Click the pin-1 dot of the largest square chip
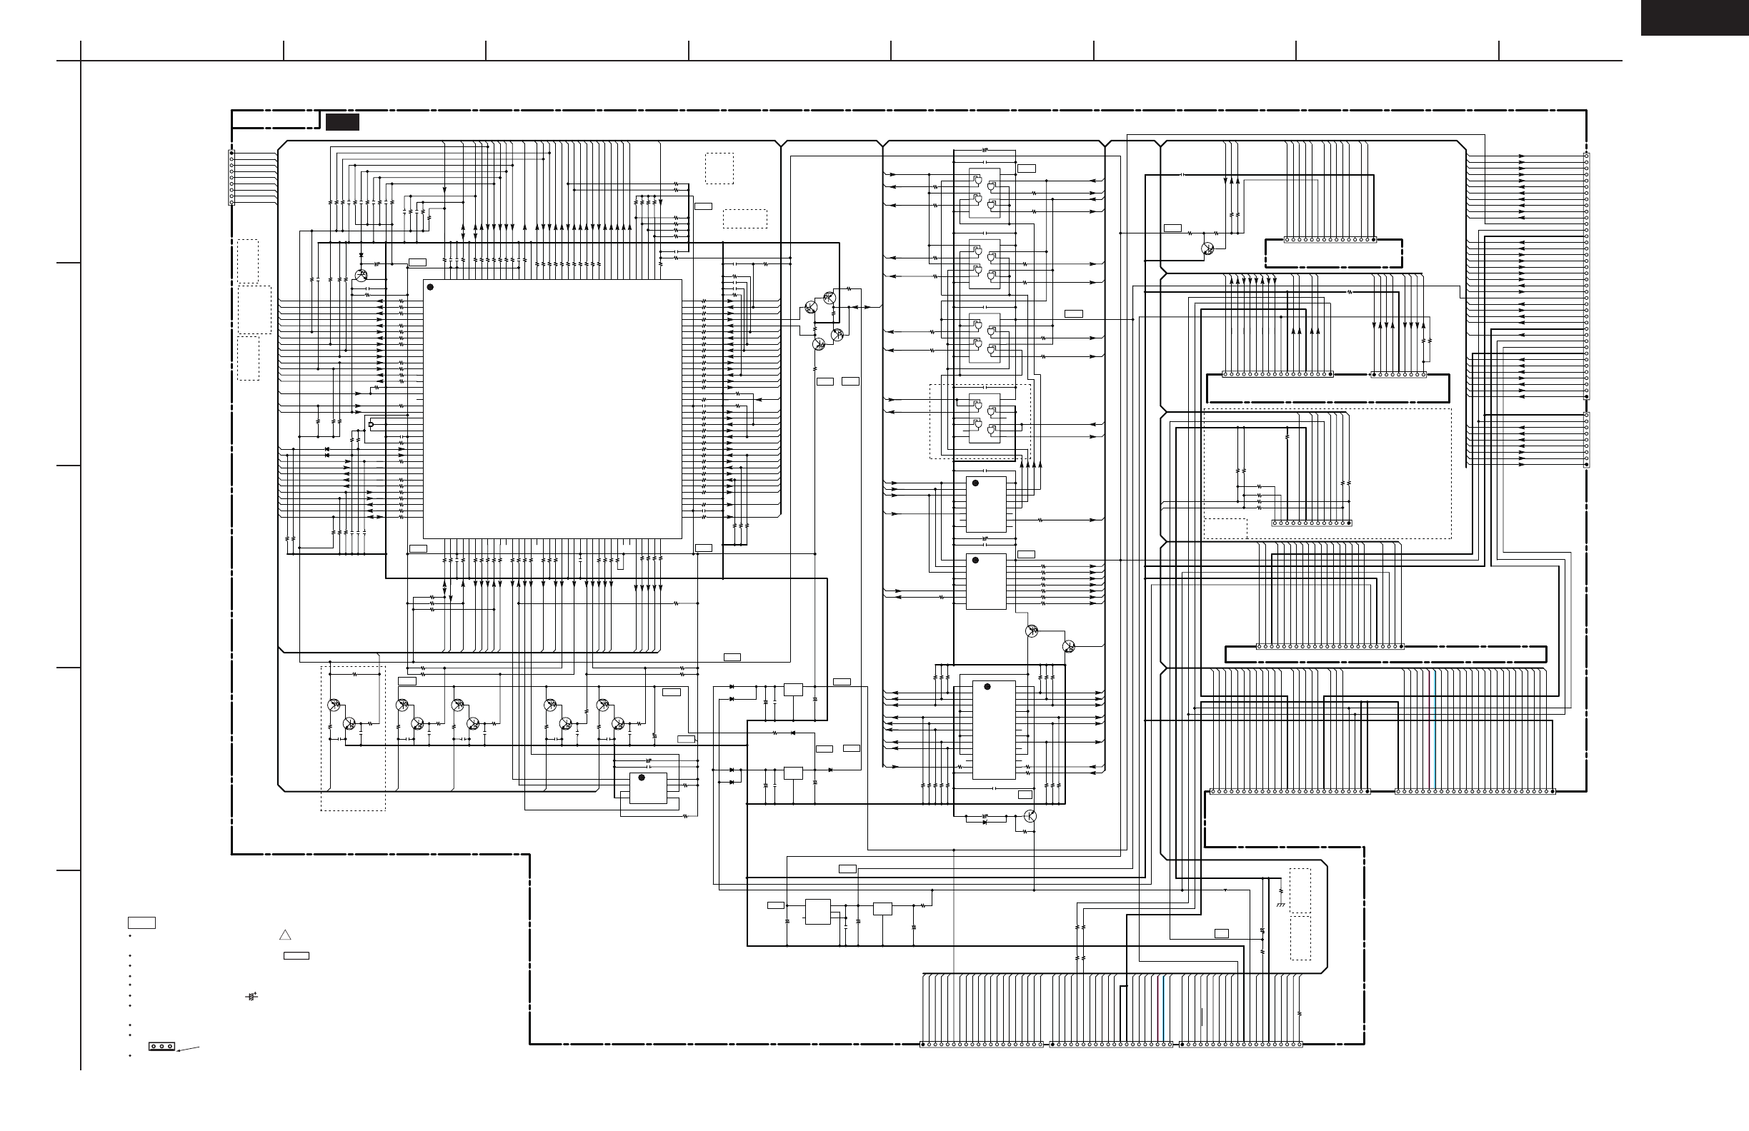point(431,287)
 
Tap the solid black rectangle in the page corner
point(1694,17)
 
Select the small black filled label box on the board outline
point(342,123)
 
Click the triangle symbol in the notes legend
point(285,935)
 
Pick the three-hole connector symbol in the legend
point(161,1046)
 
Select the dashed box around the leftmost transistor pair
point(353,738)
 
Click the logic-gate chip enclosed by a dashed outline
point(984,419)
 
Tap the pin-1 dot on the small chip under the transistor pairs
point(642,777)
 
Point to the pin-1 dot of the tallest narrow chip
point(987,687)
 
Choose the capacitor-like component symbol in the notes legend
point(252,997)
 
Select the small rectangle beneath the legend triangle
point(297,955)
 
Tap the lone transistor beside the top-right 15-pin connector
point(1207,248)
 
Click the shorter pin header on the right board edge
point(1586,440)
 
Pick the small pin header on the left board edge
point(231,177)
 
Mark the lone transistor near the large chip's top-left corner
point(360,276)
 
